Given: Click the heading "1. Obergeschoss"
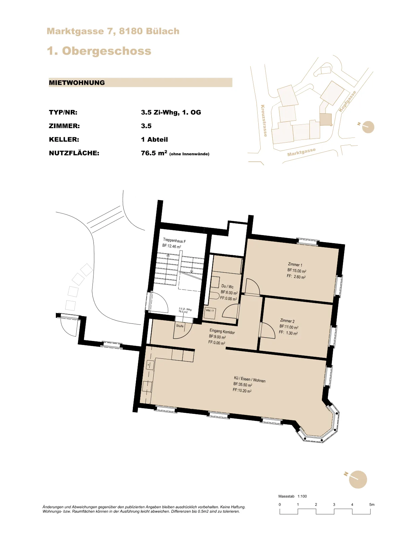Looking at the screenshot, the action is [99, 51].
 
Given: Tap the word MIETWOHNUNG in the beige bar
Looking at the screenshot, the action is [77, 83].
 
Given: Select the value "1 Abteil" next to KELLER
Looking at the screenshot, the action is [154, 140].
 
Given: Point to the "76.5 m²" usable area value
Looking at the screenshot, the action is [154, 153].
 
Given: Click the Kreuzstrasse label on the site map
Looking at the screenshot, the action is [264, 121].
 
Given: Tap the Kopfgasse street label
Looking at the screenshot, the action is [347, 101].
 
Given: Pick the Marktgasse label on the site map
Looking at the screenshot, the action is [301, 152].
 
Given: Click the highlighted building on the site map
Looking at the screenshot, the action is [325, 120].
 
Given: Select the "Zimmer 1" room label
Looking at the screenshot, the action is [295, 265].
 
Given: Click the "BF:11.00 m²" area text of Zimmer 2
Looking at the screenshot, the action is [289, 327].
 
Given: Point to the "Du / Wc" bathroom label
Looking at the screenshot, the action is [227, 286].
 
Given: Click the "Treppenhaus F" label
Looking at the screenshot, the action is [174, 240].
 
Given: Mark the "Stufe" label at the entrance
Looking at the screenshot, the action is [180, 326].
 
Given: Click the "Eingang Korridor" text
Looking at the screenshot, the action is [222, 331].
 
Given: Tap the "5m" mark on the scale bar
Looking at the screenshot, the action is [372, 504].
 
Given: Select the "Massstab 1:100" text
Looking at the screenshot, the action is [293, 496].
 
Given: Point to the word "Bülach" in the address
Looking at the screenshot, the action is [162, 31].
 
